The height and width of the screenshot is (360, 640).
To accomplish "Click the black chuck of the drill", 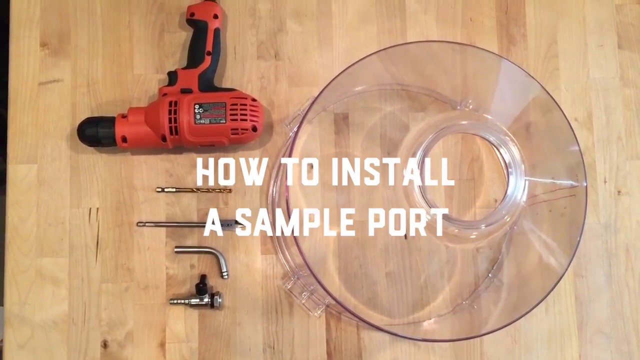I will pos(96,131).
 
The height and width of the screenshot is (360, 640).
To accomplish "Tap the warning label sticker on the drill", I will pos(209,113).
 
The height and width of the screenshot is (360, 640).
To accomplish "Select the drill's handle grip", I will pos(203,45).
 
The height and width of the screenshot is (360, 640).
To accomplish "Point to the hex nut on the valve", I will pos(217,299).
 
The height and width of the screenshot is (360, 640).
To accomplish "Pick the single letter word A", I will pos(213,223).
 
